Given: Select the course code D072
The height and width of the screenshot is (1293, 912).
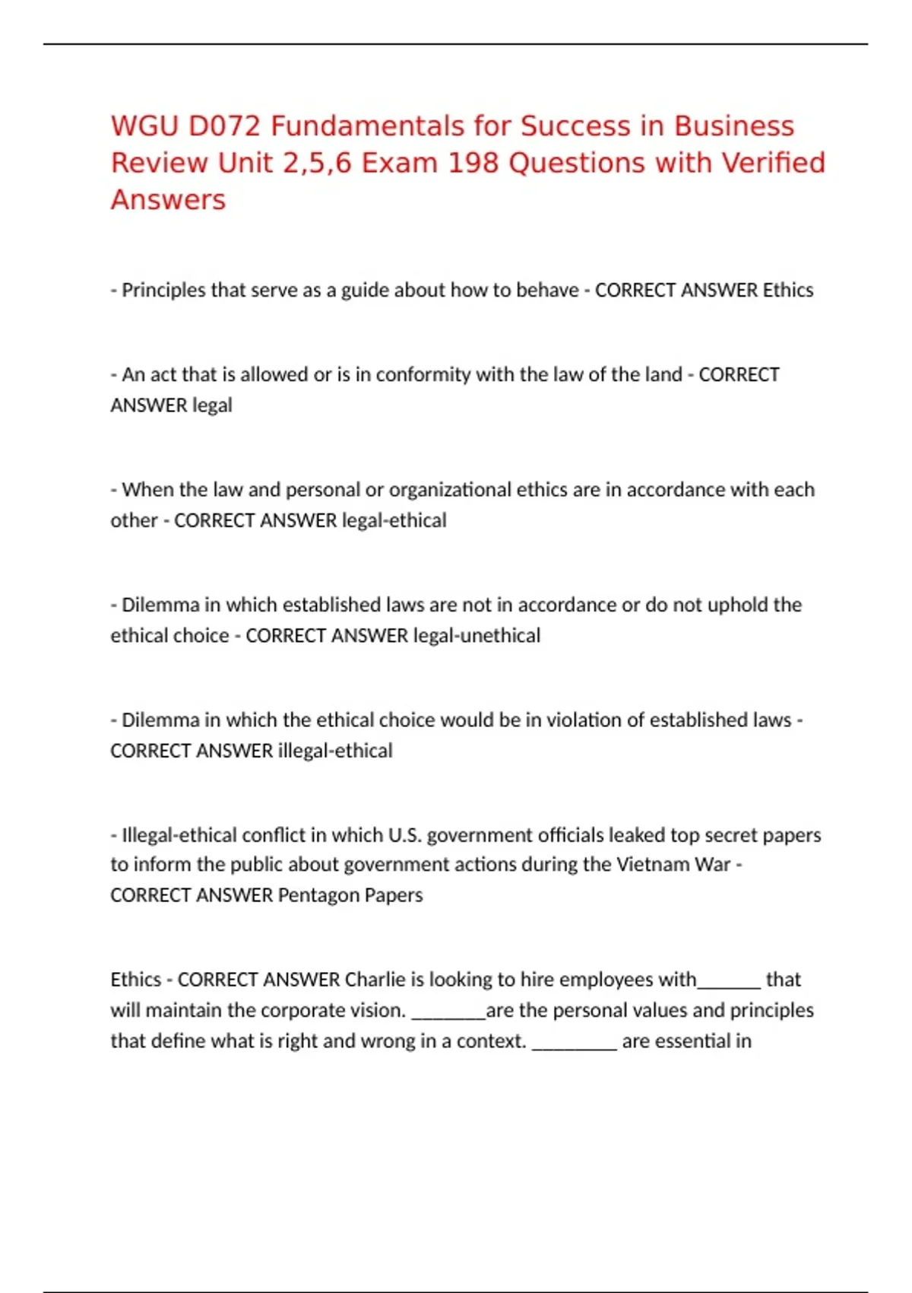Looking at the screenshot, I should pos(224,126).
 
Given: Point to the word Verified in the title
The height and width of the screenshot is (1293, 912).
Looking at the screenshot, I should pos(772,163).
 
